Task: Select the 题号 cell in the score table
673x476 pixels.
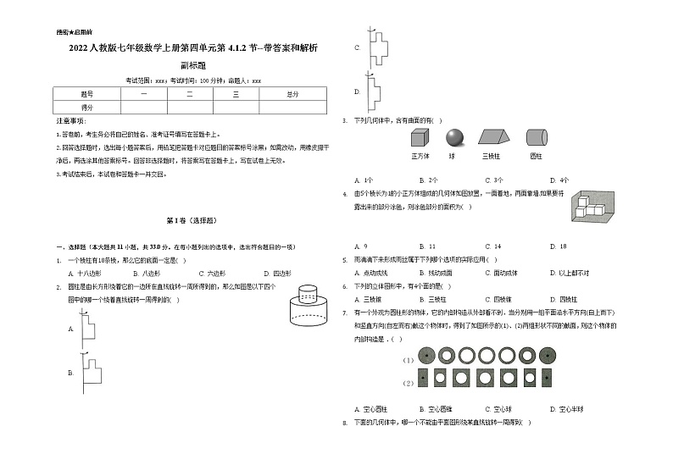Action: pos(87,94)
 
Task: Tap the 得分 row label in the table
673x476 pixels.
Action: pos(87,108)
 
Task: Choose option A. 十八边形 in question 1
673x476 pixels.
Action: pos(84,274)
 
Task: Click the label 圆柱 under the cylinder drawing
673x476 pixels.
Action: pos(536,156)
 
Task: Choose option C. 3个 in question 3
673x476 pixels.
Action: pos(493,180)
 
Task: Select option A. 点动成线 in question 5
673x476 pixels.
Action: pos(371,273)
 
